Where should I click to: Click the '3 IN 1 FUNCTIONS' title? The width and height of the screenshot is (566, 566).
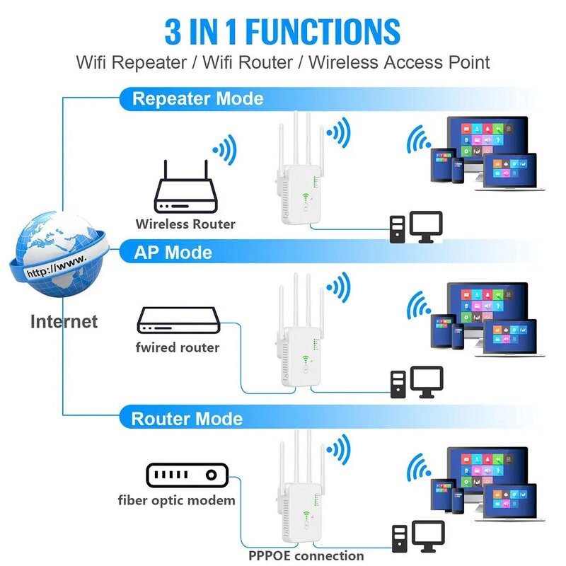tap(282, 32)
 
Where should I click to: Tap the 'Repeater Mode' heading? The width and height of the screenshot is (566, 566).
tap(197, 98)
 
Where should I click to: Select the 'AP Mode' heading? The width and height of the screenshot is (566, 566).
tap(173, 252)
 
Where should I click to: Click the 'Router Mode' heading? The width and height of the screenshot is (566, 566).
tap(187, 418)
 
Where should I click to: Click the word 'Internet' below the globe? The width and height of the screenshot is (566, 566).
tap(64, 321)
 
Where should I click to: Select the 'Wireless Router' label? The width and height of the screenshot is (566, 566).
tap(185, 224)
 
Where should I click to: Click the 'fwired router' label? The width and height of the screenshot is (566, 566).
tap(177, 347)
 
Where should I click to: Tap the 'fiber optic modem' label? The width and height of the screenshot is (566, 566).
tap(176, 501)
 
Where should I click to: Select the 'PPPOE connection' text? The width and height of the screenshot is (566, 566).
tap(306, 555)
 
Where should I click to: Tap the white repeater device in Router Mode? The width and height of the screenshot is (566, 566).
tap(298, 495)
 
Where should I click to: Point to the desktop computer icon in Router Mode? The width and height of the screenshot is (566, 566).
tap(417, 538)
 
